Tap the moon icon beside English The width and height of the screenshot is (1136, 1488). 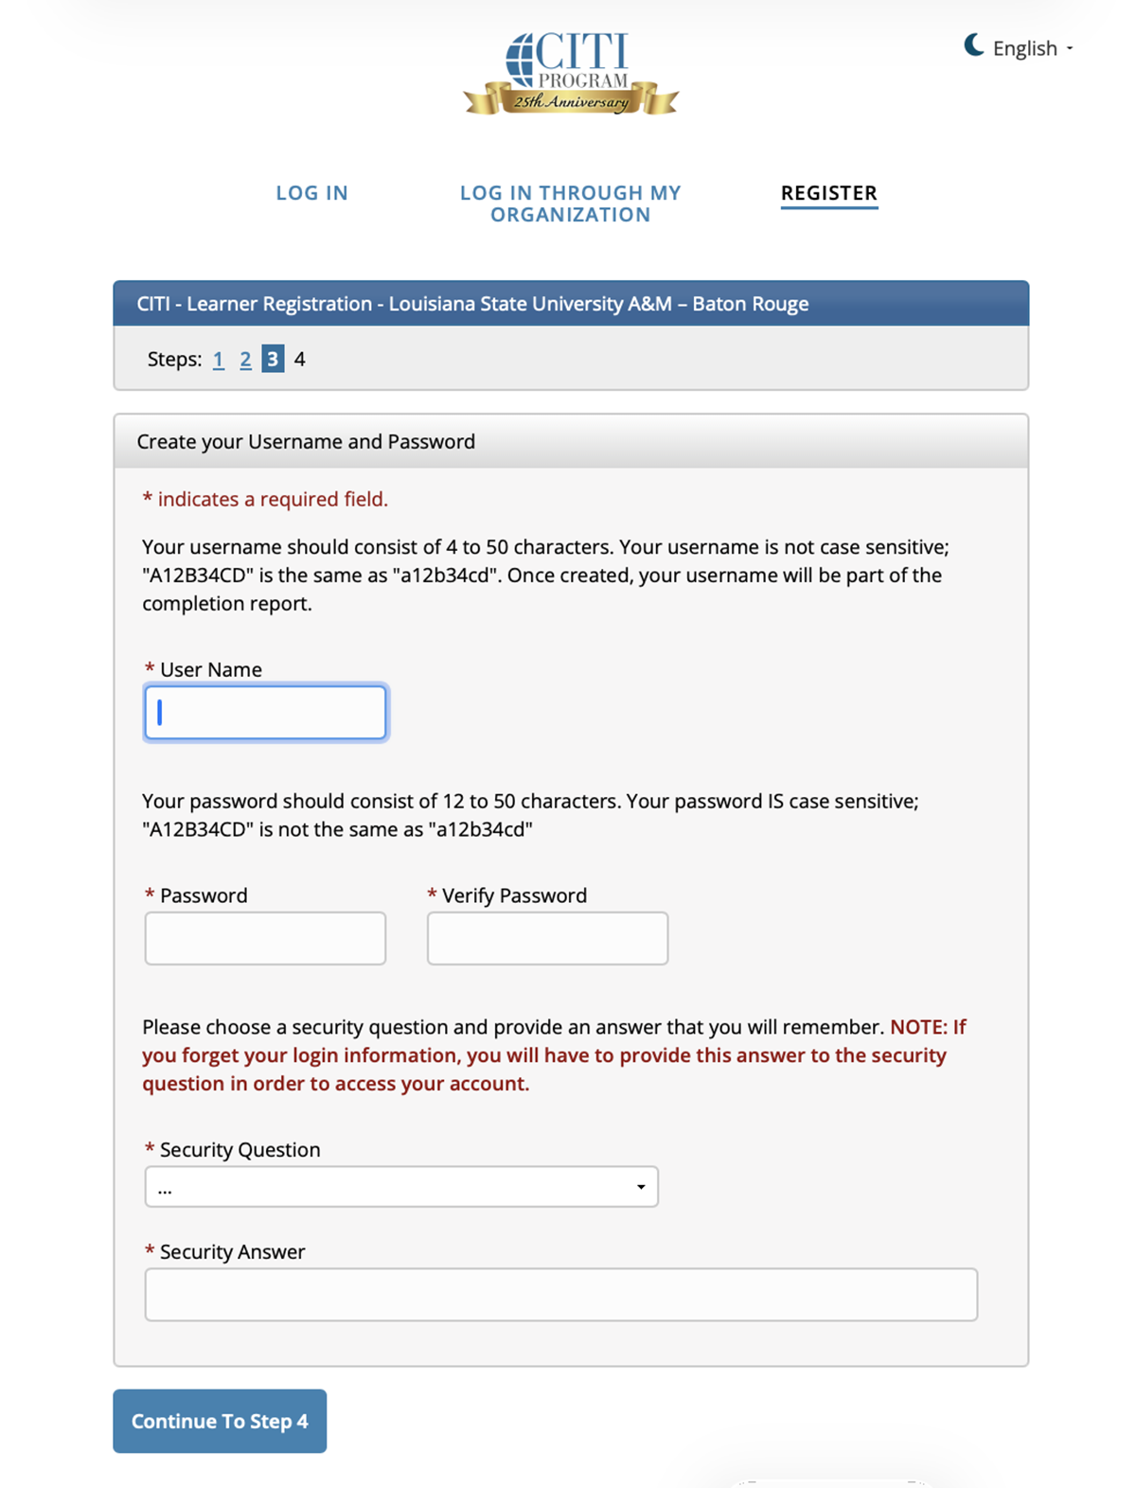[x=973, y=44]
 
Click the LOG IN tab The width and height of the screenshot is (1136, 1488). [x=311, y=193]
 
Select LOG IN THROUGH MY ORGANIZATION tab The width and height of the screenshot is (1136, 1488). [x=570, y=204]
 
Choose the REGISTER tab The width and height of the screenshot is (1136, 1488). [x=828, y=193]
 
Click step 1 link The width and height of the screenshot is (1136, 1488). [x=219, y=360]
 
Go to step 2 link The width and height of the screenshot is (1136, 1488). [x=245, y=360]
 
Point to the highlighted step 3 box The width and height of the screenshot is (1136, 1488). [x=273, y=359]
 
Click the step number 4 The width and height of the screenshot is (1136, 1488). [x=299, y=360]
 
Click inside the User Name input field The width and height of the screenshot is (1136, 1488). [x=265, y=712]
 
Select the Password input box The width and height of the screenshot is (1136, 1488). [x=265, y=938]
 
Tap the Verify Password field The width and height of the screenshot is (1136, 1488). [x=547, y=938]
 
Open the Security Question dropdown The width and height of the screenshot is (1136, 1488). [x=400, y=1187]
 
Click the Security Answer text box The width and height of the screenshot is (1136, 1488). [x=560, y=1294]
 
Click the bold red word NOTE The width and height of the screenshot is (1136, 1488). [x=918, y=1027]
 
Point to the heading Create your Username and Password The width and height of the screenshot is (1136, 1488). [x=306, y=442]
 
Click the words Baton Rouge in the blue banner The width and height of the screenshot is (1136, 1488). [x=750, y=304]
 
